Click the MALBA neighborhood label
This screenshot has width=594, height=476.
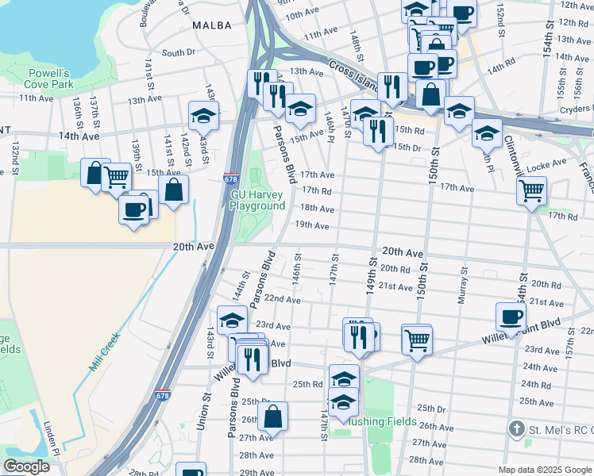(212, 25)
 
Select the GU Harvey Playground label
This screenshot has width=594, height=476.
(257, 200)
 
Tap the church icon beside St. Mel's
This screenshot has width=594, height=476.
(516, 429)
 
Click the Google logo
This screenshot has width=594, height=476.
(26, 466)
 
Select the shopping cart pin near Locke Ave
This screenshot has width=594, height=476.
(530, 189)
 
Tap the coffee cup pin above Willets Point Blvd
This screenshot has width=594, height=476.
(511, 316)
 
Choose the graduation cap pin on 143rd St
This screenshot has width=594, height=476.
(203, 115)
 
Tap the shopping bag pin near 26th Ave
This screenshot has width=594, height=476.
(272, 415)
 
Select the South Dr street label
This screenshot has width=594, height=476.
(178, 53)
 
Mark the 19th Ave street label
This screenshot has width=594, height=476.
(312, 225)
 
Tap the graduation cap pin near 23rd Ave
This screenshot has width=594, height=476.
(232, 320)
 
